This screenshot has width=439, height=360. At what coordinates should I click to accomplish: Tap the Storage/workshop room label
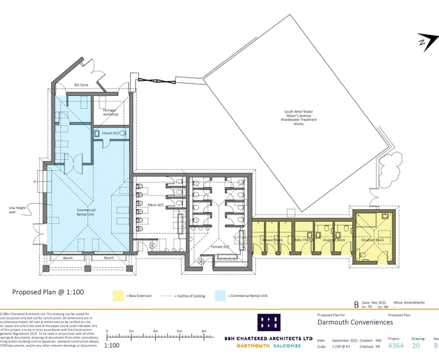point(110,112)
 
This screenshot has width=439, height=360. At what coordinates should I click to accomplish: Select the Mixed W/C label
point(112,133)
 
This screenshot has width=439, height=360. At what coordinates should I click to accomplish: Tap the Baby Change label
point(302,240)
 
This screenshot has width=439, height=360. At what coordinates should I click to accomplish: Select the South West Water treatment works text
point(298,118)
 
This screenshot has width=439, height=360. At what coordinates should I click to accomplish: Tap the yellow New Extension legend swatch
point(117,296)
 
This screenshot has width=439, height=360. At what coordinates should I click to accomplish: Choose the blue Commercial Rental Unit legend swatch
point(219,296)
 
